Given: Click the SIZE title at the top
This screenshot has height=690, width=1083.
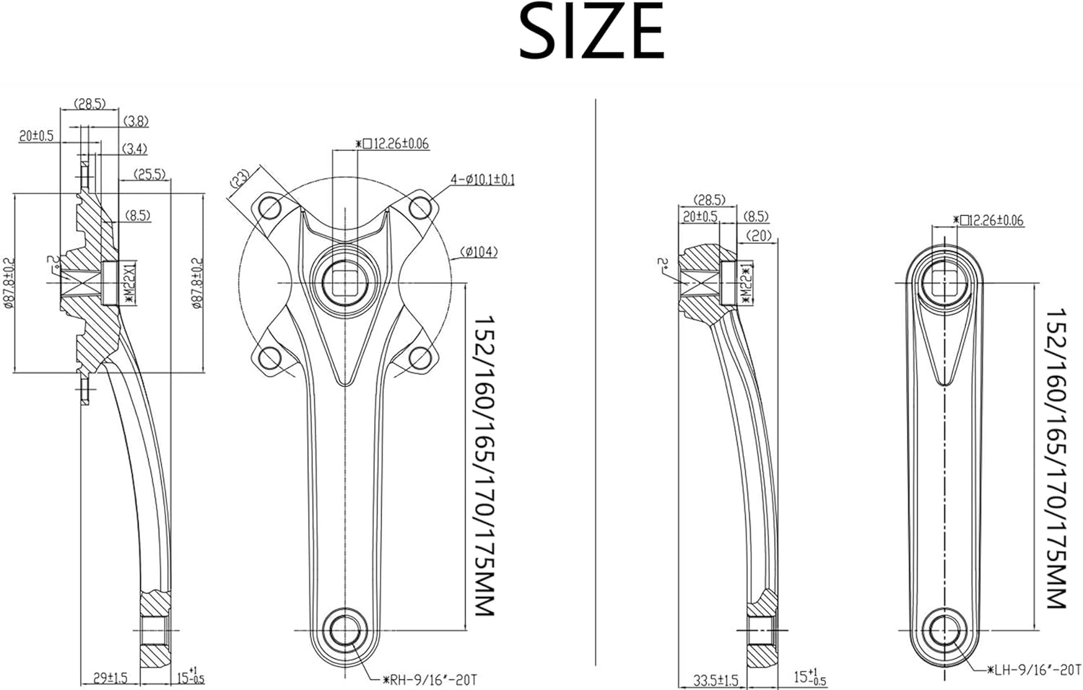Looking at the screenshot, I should click(x=591, y=32).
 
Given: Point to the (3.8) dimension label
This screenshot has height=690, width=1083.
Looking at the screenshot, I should click(x=136, y=121).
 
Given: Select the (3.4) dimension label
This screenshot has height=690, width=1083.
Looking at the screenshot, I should click(x=134, y=149).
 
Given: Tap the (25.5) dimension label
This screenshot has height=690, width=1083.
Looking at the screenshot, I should click(x=149, y=174).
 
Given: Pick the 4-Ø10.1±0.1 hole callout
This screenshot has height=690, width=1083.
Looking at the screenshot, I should click(x=482, y=179).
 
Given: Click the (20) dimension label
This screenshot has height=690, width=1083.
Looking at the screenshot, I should click(x=758, y=235).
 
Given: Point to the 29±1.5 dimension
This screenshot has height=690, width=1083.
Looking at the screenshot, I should click(x=110, y=678).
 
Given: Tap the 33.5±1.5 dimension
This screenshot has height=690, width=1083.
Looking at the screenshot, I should click(x=716, y=679).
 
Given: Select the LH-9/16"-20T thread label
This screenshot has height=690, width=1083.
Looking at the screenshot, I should click(x=1034, y=670).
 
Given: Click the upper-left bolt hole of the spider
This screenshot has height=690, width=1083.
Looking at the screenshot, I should click(x=269, y=208).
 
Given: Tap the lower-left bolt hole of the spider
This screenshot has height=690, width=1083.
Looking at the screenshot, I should click(x=269, y=358).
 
